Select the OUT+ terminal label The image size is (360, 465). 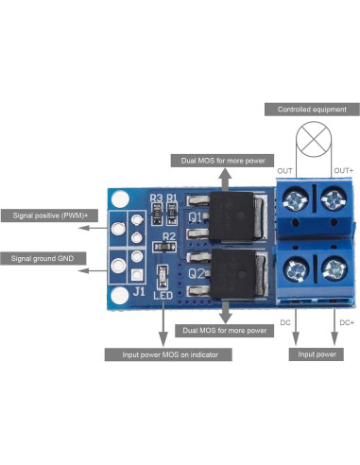pyautogui.click(x=344, y=169)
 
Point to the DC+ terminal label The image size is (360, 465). pyautogui.click(x=346, y=322)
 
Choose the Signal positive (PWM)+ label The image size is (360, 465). pyautogui.click(x=51, y=215)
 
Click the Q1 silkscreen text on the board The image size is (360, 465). pyautogui.click(x=197, y=217)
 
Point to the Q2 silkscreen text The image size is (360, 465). pyautogui.click(x=197, y=275)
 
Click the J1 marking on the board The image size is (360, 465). pyautogui.click(x=139, y=292)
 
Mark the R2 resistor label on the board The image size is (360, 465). pyautogui.click(x=169, y=236)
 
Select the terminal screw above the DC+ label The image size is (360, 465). pyautogui.click(x=333, y=267)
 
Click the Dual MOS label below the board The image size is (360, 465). pyautogui.click(x=224, y=332)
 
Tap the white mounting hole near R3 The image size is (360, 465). pyautogui.click(x=119, y=200)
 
